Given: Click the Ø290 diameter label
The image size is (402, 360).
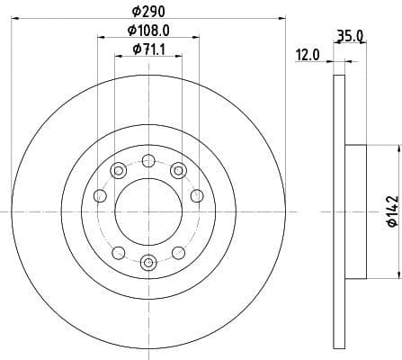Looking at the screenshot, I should click(148, 11).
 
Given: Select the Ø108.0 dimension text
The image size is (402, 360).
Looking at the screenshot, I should click(149, 31).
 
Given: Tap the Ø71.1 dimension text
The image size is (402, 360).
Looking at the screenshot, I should click(148, 49).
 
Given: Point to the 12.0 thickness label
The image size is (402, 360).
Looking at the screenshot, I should click(308, 55).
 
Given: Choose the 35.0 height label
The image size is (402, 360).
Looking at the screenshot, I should click(349, 37).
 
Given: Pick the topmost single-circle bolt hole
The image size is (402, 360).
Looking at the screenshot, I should click(148, 161).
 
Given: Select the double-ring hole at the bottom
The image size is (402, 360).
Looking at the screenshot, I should click(148, 262).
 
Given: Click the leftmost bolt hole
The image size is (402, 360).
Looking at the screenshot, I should click(100, 196).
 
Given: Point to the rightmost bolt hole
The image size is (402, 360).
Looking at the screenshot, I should click(197, 196).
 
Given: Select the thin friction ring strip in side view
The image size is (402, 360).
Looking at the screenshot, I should click(339, 211).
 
